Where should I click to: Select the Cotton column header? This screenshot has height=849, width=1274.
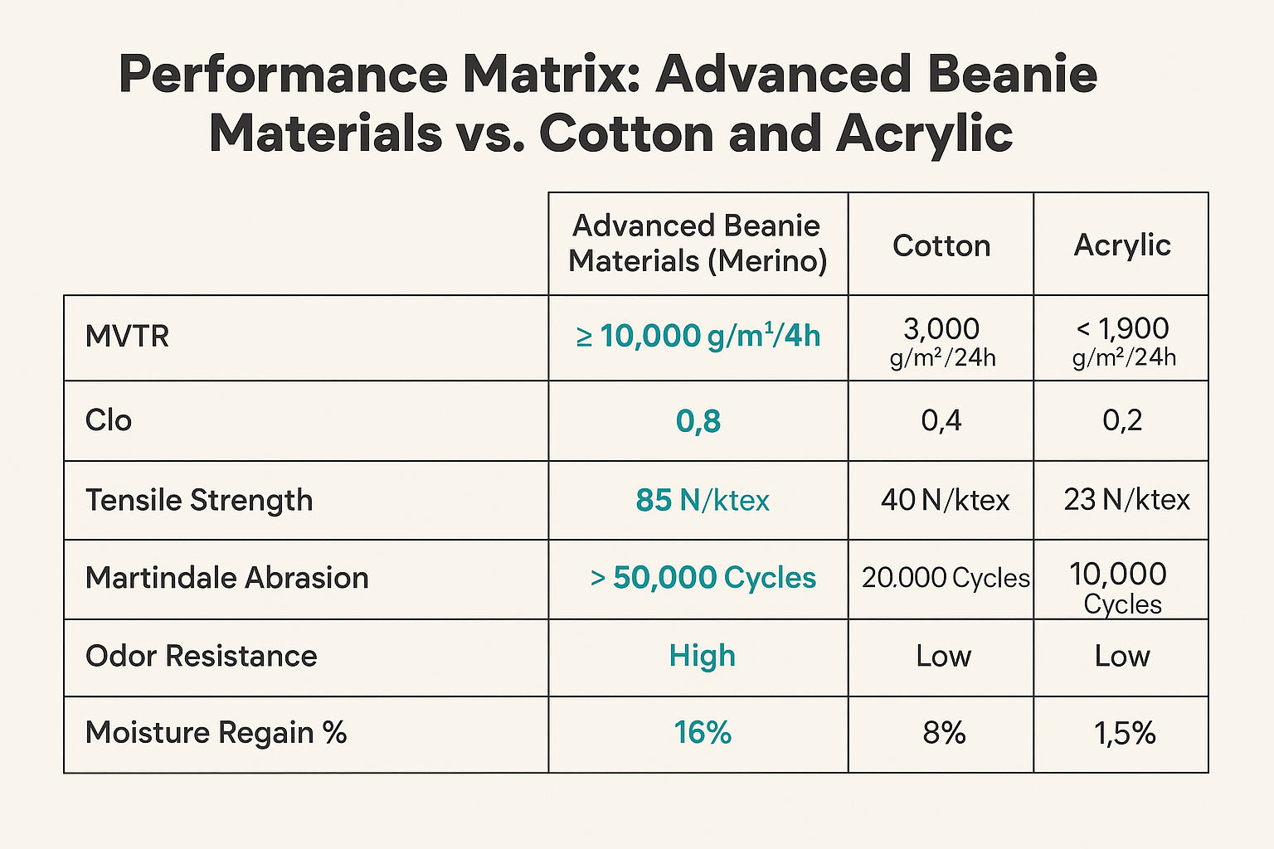[941, 245]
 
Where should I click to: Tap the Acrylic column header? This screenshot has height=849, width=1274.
[1122, 245]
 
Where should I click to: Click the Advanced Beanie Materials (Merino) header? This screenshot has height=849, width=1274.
[698, 243]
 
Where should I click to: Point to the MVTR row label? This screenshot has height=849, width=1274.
[127, 337]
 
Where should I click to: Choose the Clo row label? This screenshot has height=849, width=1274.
[109, 420]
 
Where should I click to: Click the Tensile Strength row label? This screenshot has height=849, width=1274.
[199, 500]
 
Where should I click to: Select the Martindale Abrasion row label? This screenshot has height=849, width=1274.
[226, 578]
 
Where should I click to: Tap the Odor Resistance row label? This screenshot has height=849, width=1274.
[201, 656]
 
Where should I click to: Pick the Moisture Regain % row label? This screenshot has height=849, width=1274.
[216, 733]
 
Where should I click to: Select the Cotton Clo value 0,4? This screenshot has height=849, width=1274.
[941, 420]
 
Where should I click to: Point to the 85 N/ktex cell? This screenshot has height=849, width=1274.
[703, 500]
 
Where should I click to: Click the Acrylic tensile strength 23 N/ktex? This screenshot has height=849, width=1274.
[1126, 500]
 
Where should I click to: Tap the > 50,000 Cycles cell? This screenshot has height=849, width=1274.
[703, 578]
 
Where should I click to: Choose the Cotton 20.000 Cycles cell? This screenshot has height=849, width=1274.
[945, 578]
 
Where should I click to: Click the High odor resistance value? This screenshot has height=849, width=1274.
[703, 656]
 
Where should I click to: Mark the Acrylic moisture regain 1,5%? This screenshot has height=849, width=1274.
[1125, 733]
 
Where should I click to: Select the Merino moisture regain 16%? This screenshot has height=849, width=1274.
[703, 733]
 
